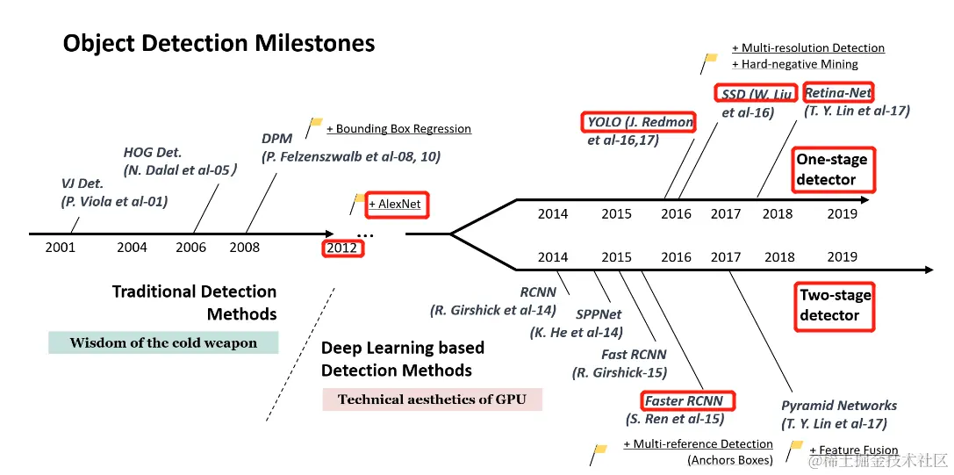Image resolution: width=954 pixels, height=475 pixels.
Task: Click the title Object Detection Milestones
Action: point(219,43)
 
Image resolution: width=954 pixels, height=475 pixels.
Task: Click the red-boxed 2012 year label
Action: point(342,248)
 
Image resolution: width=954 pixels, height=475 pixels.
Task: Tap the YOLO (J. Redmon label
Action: point(640,122)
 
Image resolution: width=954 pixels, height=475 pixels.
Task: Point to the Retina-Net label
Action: point(838,92)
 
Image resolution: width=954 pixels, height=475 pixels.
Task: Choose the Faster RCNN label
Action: point(685,401)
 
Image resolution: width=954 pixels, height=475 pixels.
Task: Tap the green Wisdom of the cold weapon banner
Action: point(163,342)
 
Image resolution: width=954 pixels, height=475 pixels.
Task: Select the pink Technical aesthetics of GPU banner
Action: point(432,399)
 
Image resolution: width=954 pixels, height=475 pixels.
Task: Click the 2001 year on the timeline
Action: point(61,247)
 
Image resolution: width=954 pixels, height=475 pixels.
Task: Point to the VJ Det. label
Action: point(82,184)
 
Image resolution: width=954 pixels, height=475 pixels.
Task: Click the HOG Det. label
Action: point(153,153)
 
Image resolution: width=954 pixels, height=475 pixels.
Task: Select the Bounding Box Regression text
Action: point(399,129)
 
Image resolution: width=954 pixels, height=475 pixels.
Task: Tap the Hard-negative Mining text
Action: point(800,64)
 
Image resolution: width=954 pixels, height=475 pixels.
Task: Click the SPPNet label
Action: point(599,314)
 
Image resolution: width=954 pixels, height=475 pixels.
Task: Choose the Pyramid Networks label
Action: point(839,406)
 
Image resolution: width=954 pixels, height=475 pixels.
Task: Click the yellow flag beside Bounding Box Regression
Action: point(313,126)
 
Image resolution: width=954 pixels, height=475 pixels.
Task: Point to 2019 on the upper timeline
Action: point(843,212)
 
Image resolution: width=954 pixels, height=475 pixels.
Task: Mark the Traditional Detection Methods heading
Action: point(194,303)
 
